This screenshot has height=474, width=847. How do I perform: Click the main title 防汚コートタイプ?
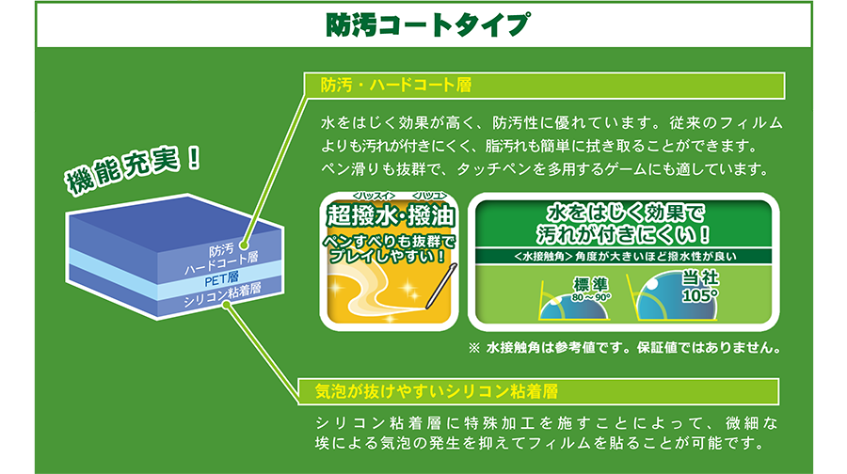pos(426,25)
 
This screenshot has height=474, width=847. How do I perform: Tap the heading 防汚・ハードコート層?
pos(396,86)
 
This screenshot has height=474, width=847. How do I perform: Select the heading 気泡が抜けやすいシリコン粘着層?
pos(437,391)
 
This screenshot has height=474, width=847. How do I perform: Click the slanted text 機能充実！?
pos(133,169)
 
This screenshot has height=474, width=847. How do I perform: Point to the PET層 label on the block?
pos(221,279)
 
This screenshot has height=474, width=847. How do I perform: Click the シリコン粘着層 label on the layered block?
pos(222,294)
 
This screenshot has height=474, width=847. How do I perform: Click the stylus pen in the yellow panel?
pos(441,286)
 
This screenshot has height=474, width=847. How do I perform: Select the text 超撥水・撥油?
pos(391,216)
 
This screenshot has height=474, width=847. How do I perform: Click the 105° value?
pos(699,296)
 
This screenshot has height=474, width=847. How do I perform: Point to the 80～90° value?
pos(591,297)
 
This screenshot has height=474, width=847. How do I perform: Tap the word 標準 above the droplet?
pos(590,285)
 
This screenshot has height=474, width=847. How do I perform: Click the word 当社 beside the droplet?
pos(700,278)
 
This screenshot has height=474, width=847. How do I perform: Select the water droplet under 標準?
pos(574,308)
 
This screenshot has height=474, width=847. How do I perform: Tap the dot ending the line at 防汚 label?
pos(244,245)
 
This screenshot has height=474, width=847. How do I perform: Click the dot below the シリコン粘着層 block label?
pos(227,305)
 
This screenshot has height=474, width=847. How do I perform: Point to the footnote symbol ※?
pos(473,348)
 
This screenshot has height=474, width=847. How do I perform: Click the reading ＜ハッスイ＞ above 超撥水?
pos(374,196)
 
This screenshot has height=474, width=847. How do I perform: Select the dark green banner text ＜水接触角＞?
pos(543,257)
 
